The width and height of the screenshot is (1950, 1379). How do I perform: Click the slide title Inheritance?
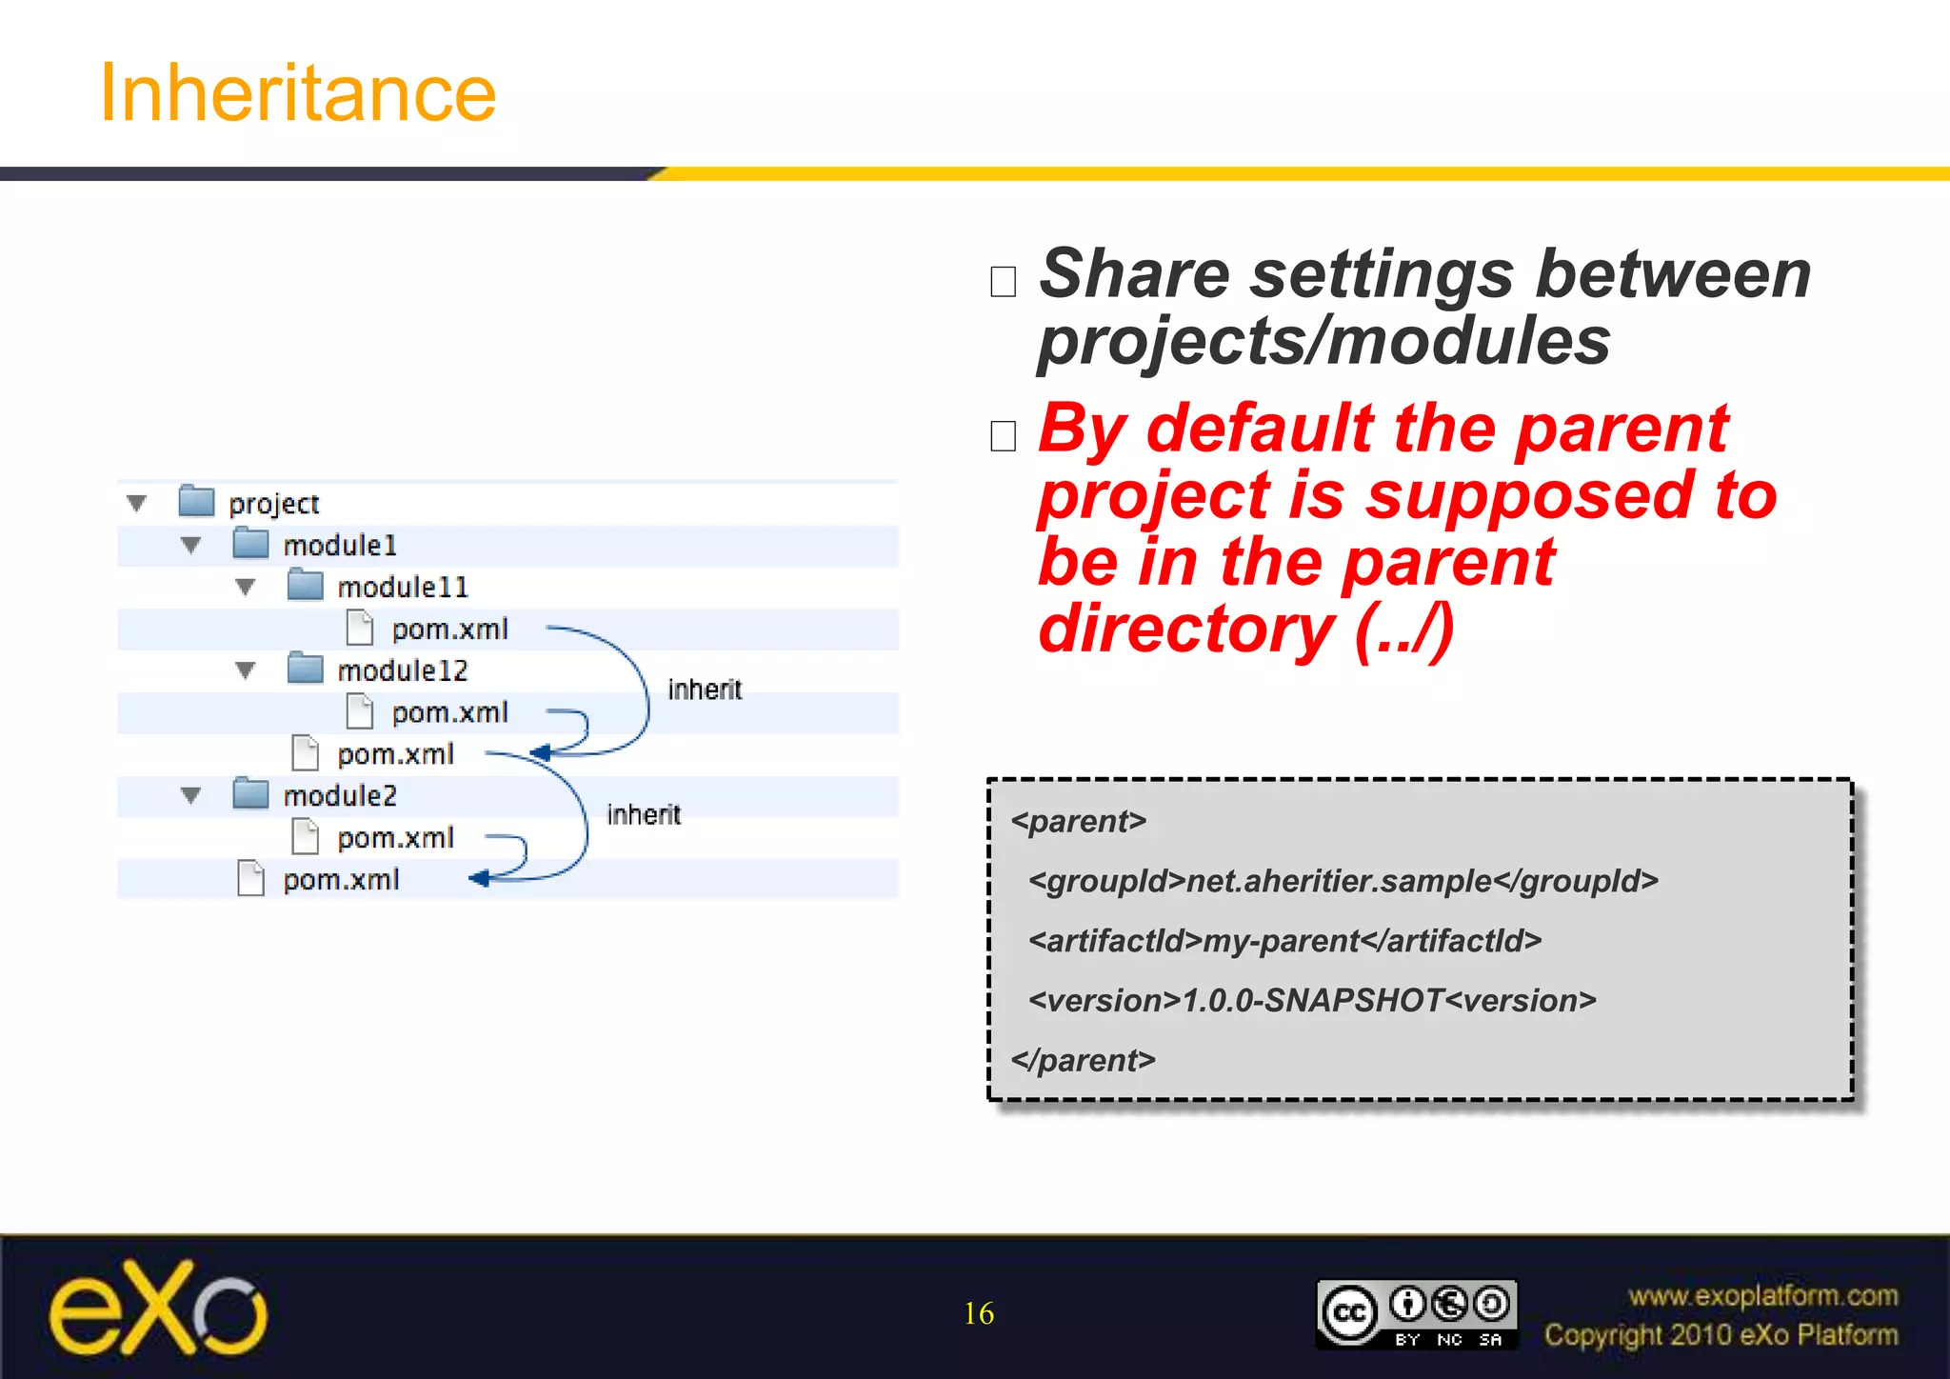[x=297, y=93]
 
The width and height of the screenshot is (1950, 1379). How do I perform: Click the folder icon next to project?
[x=196, y=501]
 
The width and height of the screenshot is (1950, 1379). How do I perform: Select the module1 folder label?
[x=339, y=546]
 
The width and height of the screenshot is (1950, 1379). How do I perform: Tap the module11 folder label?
[x=403, y=588]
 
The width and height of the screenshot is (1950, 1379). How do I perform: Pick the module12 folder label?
[x=403, y=671]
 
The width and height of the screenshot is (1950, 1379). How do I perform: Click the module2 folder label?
[x=339, y=796]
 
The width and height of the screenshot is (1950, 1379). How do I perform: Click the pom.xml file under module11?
[x=449, y=630]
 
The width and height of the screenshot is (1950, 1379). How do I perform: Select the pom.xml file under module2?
[x=395, y=838]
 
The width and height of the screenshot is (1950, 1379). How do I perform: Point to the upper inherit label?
[x=705, y=689]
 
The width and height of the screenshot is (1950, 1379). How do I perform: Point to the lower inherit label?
[x=644, y=815]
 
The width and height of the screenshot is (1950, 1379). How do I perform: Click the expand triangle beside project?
[x=137, y=503]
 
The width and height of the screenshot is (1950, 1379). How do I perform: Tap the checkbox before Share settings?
[x=1004, y=282]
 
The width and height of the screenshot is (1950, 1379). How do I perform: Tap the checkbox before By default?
[x=1004, y=436]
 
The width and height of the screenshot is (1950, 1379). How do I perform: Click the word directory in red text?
[x=1185, y=630]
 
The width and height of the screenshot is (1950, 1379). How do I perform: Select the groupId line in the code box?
[x=1343, y=882]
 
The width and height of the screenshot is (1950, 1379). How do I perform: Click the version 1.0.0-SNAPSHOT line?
[x=1312, y=1001]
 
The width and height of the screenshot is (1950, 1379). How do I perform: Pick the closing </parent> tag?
[x=1084, y=1061]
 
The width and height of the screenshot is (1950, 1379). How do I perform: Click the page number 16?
[x=979, y=1314]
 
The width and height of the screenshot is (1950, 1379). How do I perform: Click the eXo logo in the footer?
[x=158, y=1309]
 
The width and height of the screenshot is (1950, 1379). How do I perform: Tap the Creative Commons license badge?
[x=1416, y=1314]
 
